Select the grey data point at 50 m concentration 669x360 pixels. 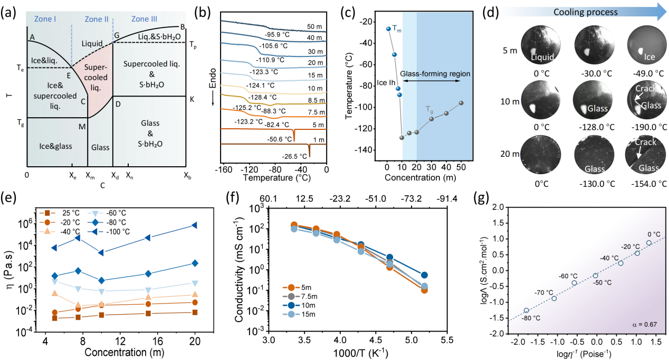[461, 103]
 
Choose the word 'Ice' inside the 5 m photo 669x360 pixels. [649, 56]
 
